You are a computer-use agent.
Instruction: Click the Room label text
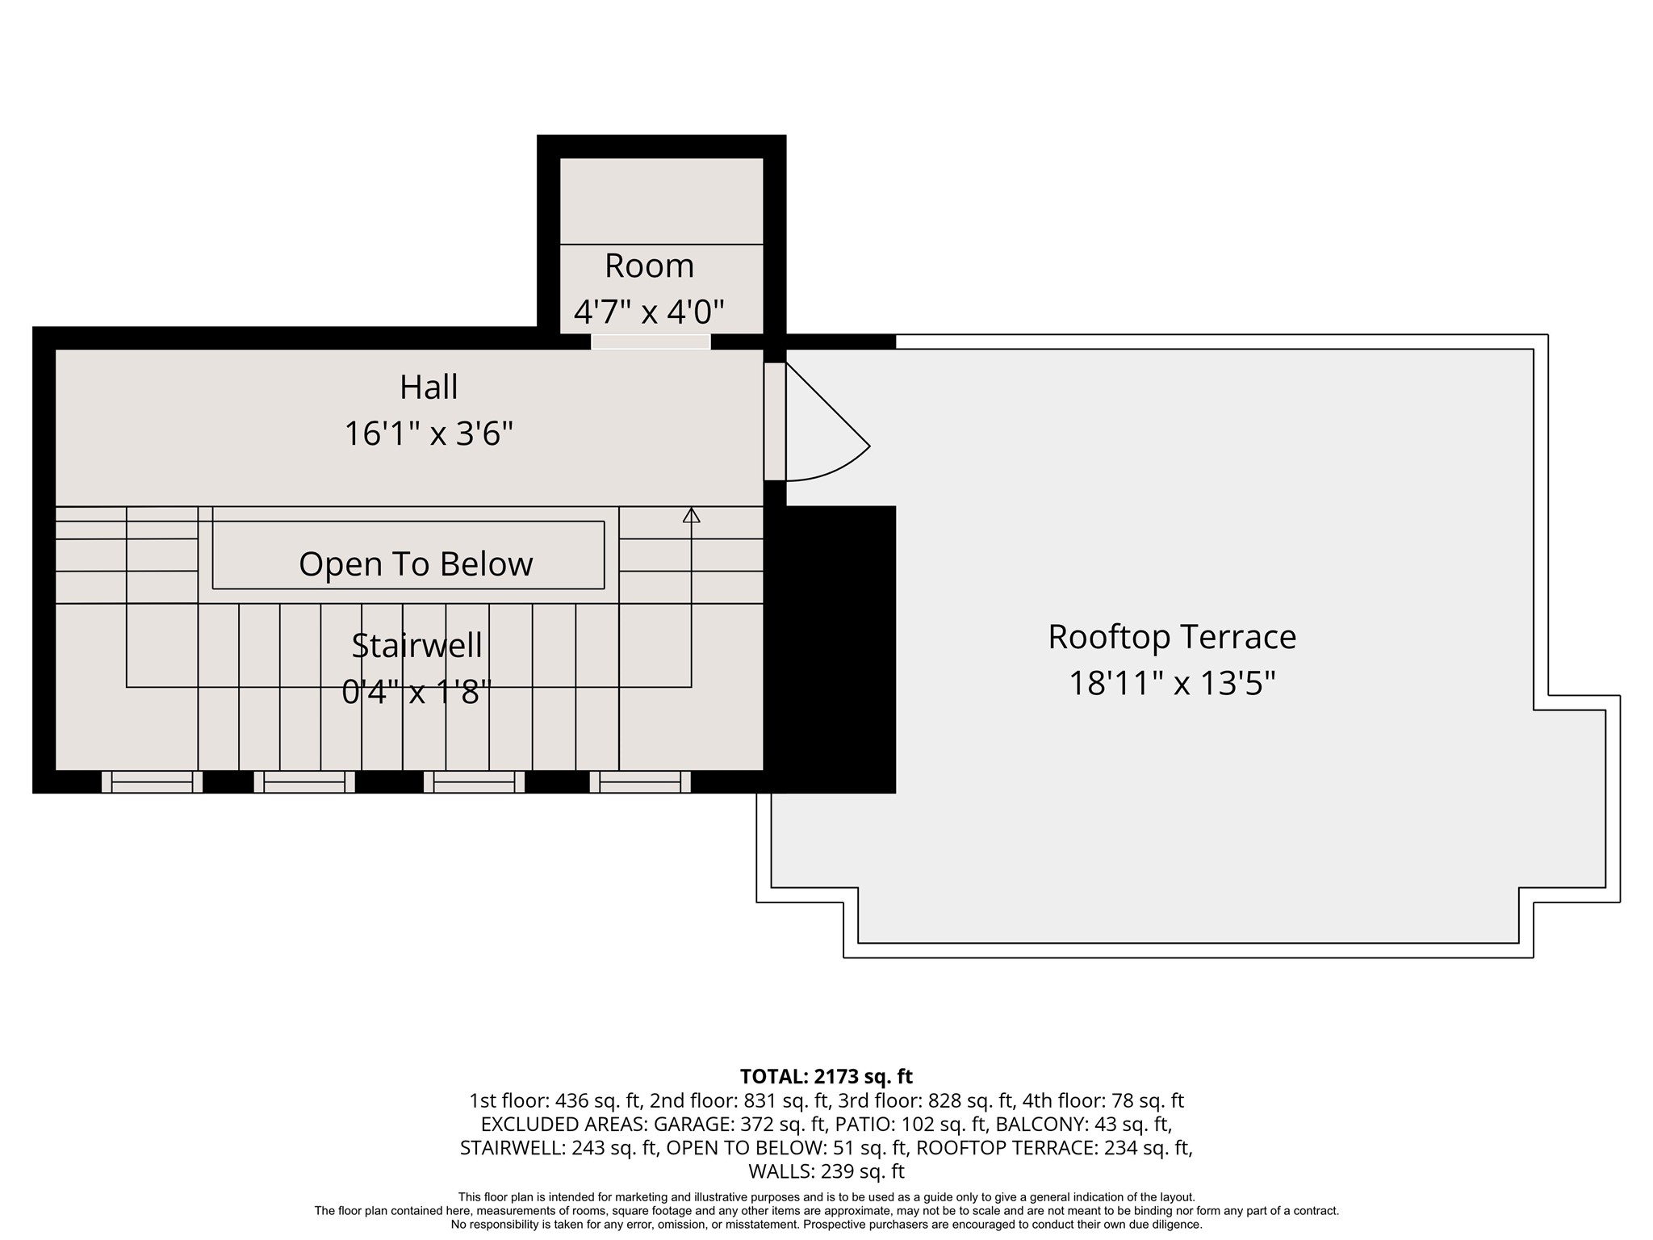[x=649, y=266]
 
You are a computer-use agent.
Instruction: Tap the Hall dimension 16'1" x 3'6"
[x=429, y=434]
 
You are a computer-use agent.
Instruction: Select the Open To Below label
[x=416, y=564]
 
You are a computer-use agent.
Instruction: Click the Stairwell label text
[x=416, y=646]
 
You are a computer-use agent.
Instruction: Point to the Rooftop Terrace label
[x=1171, y=637]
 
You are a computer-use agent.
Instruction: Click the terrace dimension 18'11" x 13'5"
[x=1171, y=684]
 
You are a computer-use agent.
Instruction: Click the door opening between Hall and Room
[x=651, y=342]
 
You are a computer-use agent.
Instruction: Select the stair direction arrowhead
[x=691, y=515]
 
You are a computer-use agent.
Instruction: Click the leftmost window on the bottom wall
[x=152, y=781]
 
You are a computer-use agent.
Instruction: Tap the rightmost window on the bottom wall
[x=640, y=781]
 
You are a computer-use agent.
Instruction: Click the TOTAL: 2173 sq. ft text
[x=826, y=1076]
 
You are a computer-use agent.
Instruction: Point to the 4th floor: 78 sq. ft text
[x=1103, y=1100]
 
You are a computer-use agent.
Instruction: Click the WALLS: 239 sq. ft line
[x=826, y=1171]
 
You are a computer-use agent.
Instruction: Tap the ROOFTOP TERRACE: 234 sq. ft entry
[x=1054, y=1147]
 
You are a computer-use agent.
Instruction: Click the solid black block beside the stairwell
[x=831, y=646]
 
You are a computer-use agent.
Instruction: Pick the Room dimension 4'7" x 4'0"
[x=649, y=311]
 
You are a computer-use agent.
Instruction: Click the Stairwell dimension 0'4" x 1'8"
[x=416, y=692]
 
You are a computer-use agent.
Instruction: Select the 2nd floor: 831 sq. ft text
[x=739, y=1100]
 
